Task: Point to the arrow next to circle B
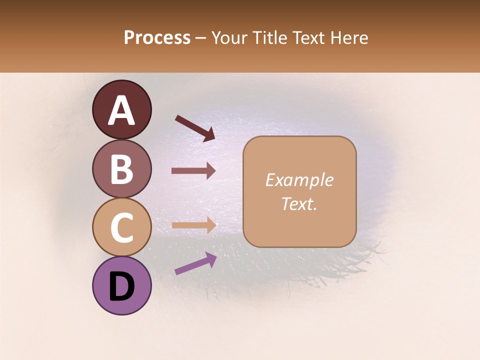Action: coord(193,170)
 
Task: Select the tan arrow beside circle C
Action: coord(193,225)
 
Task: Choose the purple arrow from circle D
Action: coord(195,263)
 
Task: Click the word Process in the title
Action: coord(157,38)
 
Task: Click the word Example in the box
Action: coord(299,180)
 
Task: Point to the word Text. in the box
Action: coord(299,203)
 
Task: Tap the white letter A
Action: coord(122,110)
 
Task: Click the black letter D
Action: coord(122,286)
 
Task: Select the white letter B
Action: coord(122,168)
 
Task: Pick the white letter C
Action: coord(122,227)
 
